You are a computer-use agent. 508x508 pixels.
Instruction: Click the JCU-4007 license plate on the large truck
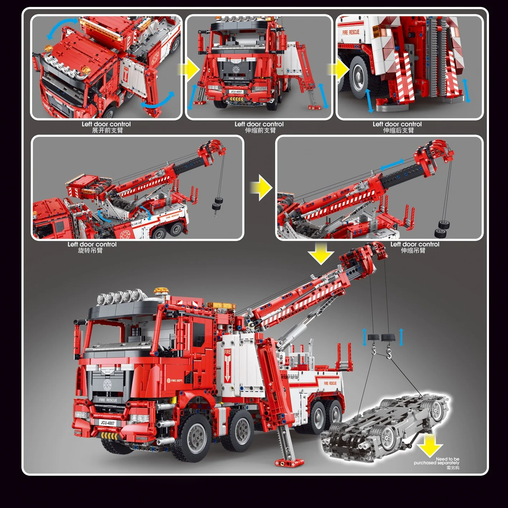(x=107, y=423)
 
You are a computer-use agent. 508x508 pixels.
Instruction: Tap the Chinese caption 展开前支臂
(x=107, y=130)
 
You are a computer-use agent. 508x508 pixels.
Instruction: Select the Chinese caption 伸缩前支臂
(x=260, y=130)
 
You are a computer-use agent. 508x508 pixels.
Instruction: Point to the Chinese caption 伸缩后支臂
(x=398, y=130)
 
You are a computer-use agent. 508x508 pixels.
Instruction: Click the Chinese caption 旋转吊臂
(x=90, y=251)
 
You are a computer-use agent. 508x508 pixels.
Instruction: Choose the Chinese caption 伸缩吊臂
(x=413, y=251)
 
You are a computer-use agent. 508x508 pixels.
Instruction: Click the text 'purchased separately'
(x=436, y=463)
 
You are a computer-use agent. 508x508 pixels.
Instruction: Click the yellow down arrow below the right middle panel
(x=321, y=253)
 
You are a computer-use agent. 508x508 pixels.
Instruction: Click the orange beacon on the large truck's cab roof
(x=161, y=291)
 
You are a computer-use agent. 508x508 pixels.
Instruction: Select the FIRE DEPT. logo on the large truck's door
(x=175, y=380)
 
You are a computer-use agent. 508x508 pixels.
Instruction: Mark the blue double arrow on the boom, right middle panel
(x=392, y=165)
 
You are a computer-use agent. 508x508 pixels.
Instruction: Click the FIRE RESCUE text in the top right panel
(x=350, y=32)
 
